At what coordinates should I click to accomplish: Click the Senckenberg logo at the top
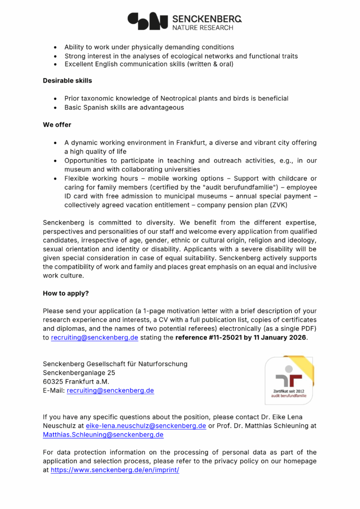184,21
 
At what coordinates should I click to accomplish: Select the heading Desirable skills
67,81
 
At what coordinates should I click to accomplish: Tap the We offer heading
57,125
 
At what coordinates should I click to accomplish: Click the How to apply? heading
66,293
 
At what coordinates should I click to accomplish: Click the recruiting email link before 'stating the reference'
94,338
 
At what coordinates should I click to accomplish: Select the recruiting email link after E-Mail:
110,391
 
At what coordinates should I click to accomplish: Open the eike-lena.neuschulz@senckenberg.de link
146,426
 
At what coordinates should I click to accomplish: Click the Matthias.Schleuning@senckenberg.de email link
103,435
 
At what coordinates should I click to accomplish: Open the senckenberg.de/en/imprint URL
115,470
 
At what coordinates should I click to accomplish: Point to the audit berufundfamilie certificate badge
289,380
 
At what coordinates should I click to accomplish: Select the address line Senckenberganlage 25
79,373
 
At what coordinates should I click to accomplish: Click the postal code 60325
53,382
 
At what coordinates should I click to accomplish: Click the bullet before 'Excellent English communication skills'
56,65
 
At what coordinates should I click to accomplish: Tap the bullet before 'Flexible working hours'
56,178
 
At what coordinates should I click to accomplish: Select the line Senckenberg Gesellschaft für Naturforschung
115,364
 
